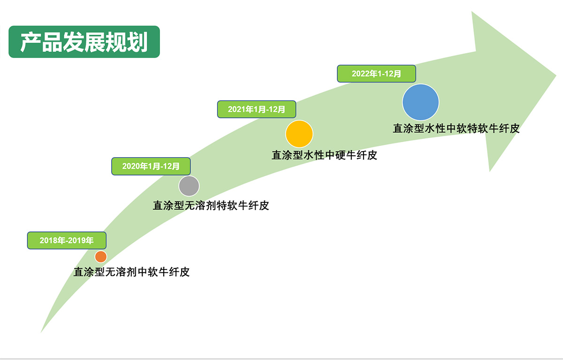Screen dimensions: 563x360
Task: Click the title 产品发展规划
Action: pos(84,42)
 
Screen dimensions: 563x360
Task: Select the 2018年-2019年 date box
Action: pos(67,240)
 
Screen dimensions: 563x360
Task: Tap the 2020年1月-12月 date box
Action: pos(151,166)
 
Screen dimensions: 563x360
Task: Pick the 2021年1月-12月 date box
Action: pos(256,109)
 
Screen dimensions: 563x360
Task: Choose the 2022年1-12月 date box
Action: pos(376,74)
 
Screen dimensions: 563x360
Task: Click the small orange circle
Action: pos(101,257)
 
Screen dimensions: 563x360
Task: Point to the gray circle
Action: pos(189,186)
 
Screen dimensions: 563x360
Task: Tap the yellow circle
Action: pos(299,134)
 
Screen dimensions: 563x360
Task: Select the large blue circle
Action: pos(420,102)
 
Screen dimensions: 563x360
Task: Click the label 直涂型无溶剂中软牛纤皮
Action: pos(131,272)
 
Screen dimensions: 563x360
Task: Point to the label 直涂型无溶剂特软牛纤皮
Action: pos(211,206)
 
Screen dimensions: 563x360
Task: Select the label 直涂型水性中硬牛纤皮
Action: pos(324,155)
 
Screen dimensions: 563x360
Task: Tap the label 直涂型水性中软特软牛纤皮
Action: pos(456,129)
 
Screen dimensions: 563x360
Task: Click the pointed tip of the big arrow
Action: pos(555,75)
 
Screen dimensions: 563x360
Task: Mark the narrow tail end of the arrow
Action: pos(41,332)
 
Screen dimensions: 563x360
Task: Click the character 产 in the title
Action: pos(30,42)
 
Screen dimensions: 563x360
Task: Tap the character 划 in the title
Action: pos(137,42)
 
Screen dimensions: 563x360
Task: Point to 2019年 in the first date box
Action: pos(80,241)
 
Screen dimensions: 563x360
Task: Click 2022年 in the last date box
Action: pos(364,74)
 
